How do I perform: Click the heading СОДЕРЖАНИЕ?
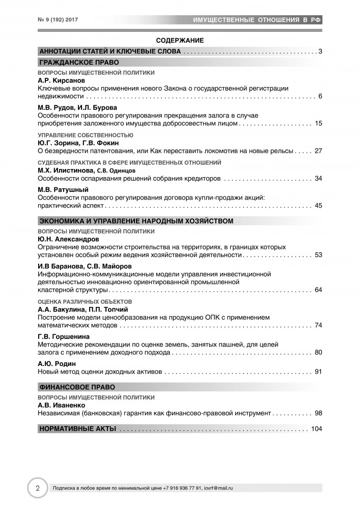180,40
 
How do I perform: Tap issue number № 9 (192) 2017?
61,19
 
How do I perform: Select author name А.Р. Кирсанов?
59,81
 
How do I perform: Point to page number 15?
319,124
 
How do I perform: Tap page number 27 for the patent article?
319,151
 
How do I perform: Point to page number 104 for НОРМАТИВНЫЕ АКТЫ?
316,429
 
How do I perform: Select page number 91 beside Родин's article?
319,372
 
